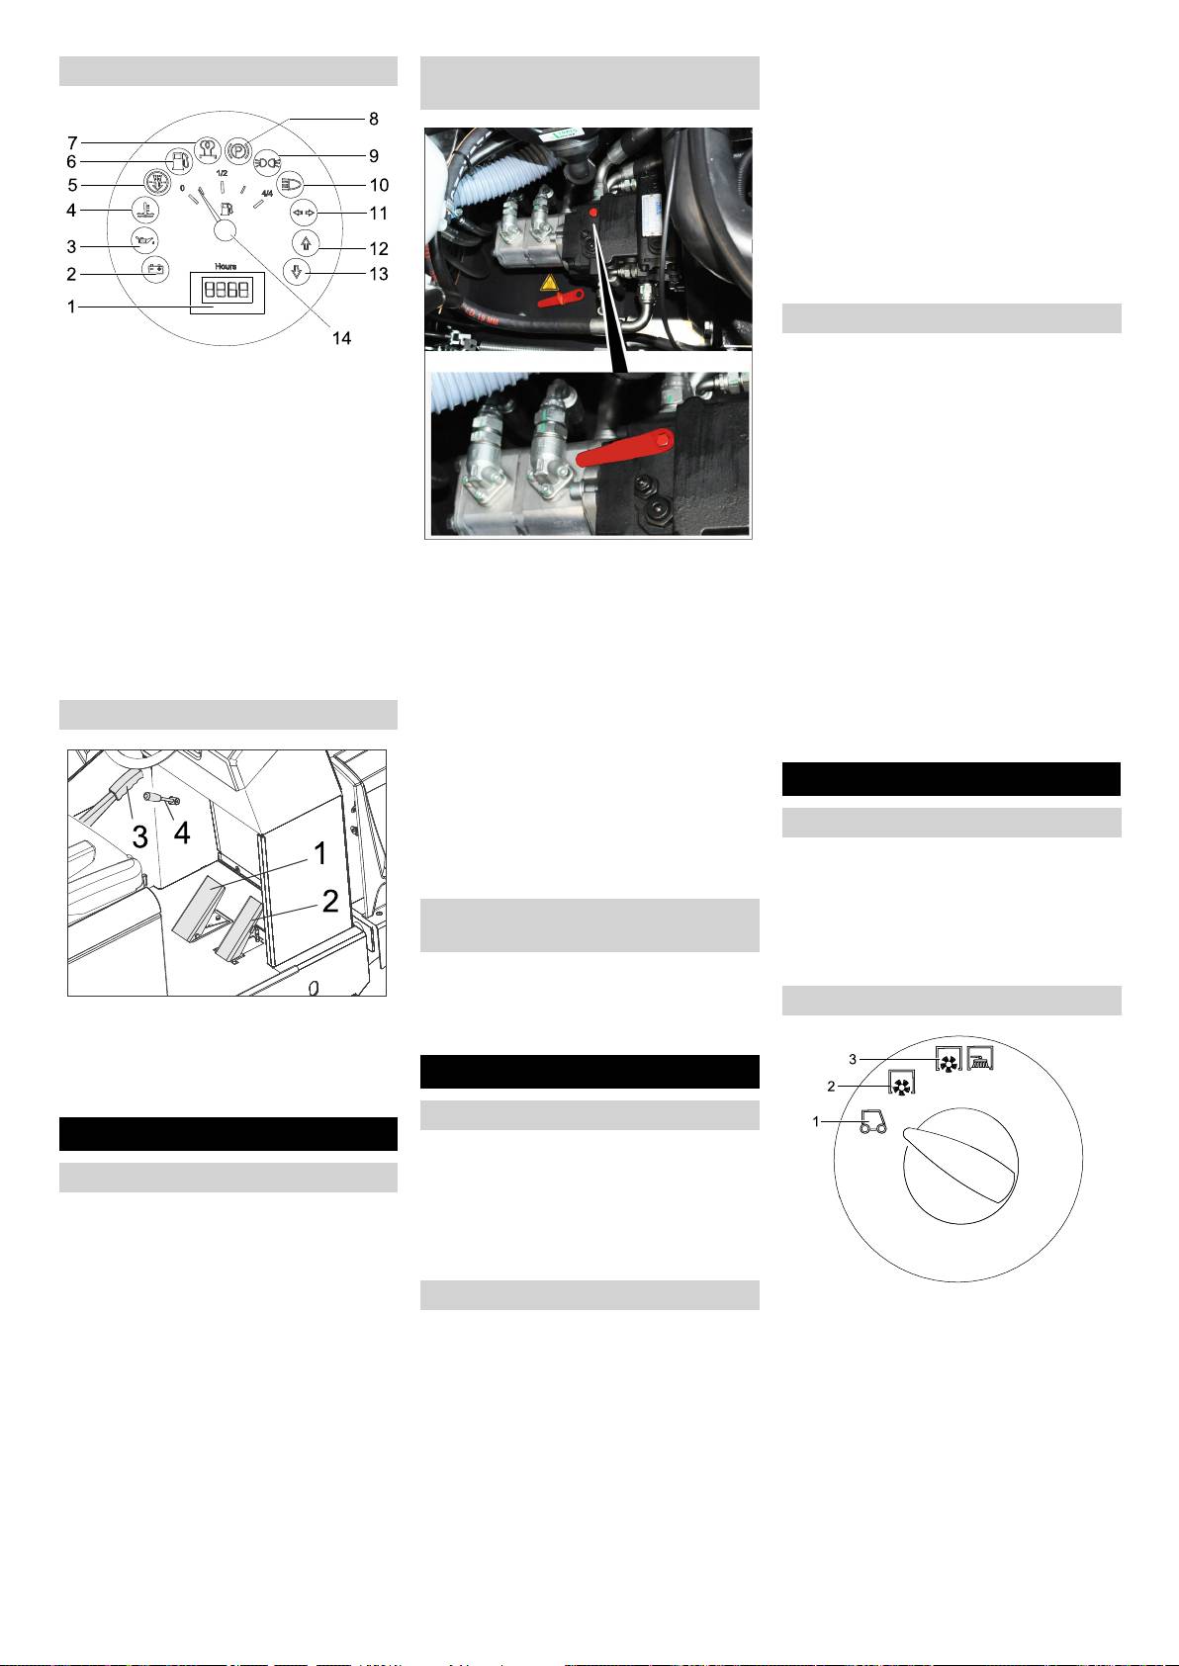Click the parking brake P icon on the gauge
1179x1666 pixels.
pyautogui.click(x=239, y=149)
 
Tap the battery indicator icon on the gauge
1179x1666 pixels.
pyautogui.click(x=155, y=269)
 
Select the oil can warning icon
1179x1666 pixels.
pyautogui.click(x=145, y=239)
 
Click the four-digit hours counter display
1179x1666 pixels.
pyautogui.click(x=227, y=290)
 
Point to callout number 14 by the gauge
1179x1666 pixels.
pyautogui.click(x=341, y=338)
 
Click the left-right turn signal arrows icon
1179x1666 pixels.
pyautogui.click(x=303, y=213)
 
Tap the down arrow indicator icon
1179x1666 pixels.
pyautogui.click(x=297, y=272)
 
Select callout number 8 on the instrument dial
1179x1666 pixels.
pyautogui.click(x=374, y=119)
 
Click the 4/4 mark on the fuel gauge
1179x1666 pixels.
pyautogui.click(x=267, y=194)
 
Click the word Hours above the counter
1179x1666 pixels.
pyautogui.click(x=226, y=266)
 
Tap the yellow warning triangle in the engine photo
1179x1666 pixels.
pyautogui.click(x=549, y=283)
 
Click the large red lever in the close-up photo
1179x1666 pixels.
pyautogui.click(x=625, y=448)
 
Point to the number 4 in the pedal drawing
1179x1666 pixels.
pyautogui.click(x=182, y=833)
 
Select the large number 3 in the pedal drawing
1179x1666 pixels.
pyautogui.click(x=139, y=836)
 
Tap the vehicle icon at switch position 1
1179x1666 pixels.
pyautogui.click(x=873, y=1121)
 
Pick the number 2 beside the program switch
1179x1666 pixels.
pyautogui.click(x=831, y=1087)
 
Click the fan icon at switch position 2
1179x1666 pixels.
pyautogui.click(x=901, y=1082)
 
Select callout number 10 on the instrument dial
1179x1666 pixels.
pyautogui.click(x=380, y=185)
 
